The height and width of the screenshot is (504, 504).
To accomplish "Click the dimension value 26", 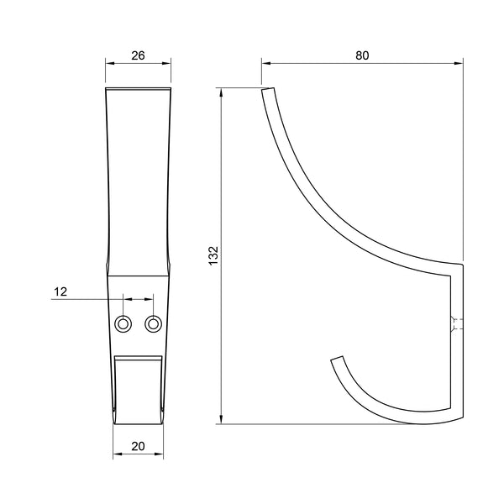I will pos(139,55).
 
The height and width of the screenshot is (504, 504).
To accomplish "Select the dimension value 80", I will pos(362,55).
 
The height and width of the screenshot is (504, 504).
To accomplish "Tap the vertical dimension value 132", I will pos(213,255).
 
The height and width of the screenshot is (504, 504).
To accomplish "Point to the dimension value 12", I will pos(60,291).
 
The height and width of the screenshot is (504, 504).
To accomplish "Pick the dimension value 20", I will pos(138,448).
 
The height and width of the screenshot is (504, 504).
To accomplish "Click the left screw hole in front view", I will pos(123,323).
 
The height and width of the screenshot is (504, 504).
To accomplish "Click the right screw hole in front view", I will pos(153,323).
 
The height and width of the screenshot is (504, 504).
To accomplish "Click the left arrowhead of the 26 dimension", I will pos(108,63).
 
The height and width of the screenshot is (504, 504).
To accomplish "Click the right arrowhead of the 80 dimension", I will pos(460,63).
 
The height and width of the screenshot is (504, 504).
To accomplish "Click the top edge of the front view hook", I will pos(139,87).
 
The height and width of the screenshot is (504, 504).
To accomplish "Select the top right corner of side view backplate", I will pos(463,265).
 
